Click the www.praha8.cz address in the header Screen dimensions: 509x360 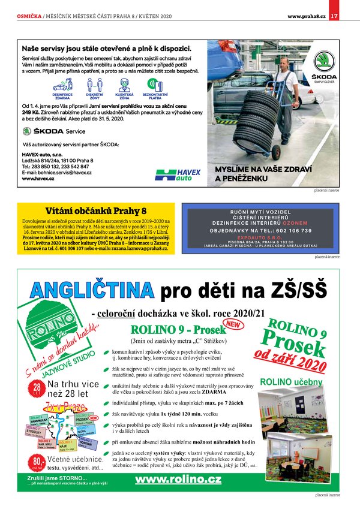tap(306, 16)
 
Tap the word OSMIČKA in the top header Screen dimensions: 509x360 tap(29, 16)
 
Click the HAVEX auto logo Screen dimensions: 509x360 tap(178, 174)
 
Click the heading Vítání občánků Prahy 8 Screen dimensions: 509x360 tap(96, 211)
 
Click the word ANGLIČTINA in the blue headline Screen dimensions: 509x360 tap(91, 291)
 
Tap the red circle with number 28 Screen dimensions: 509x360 tap(37, 388)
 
